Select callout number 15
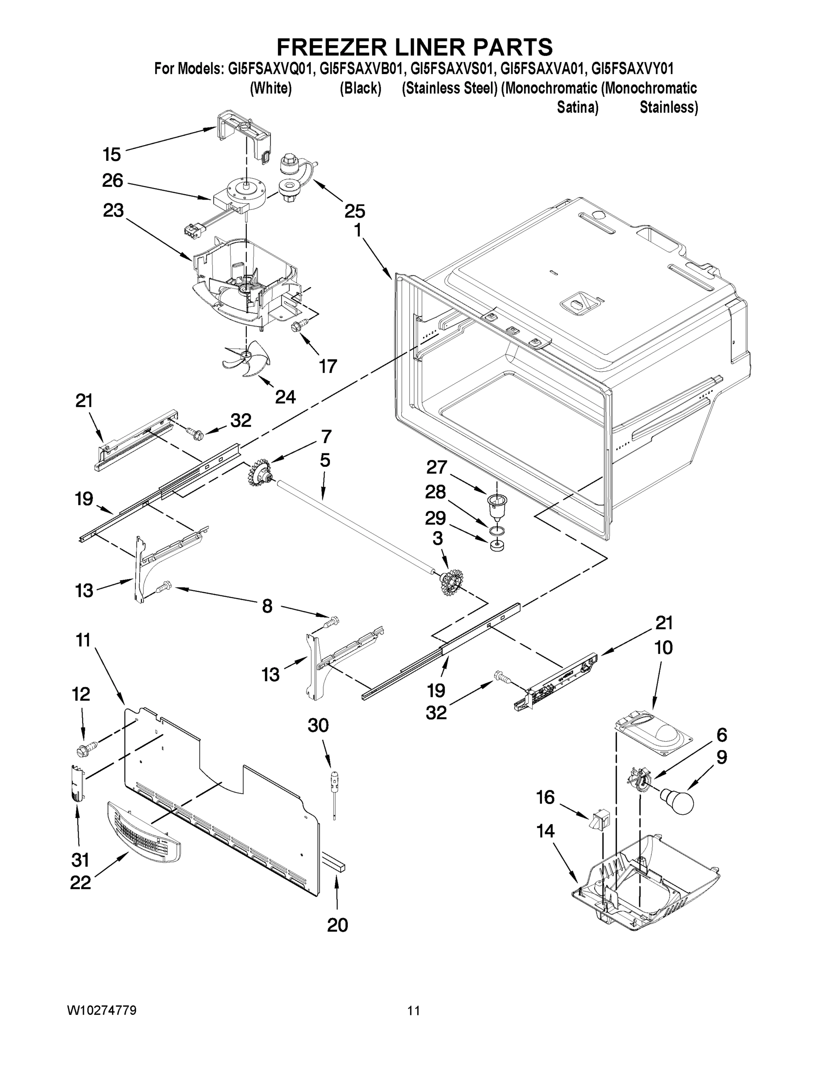112,155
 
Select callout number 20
337,925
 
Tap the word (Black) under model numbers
361,88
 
